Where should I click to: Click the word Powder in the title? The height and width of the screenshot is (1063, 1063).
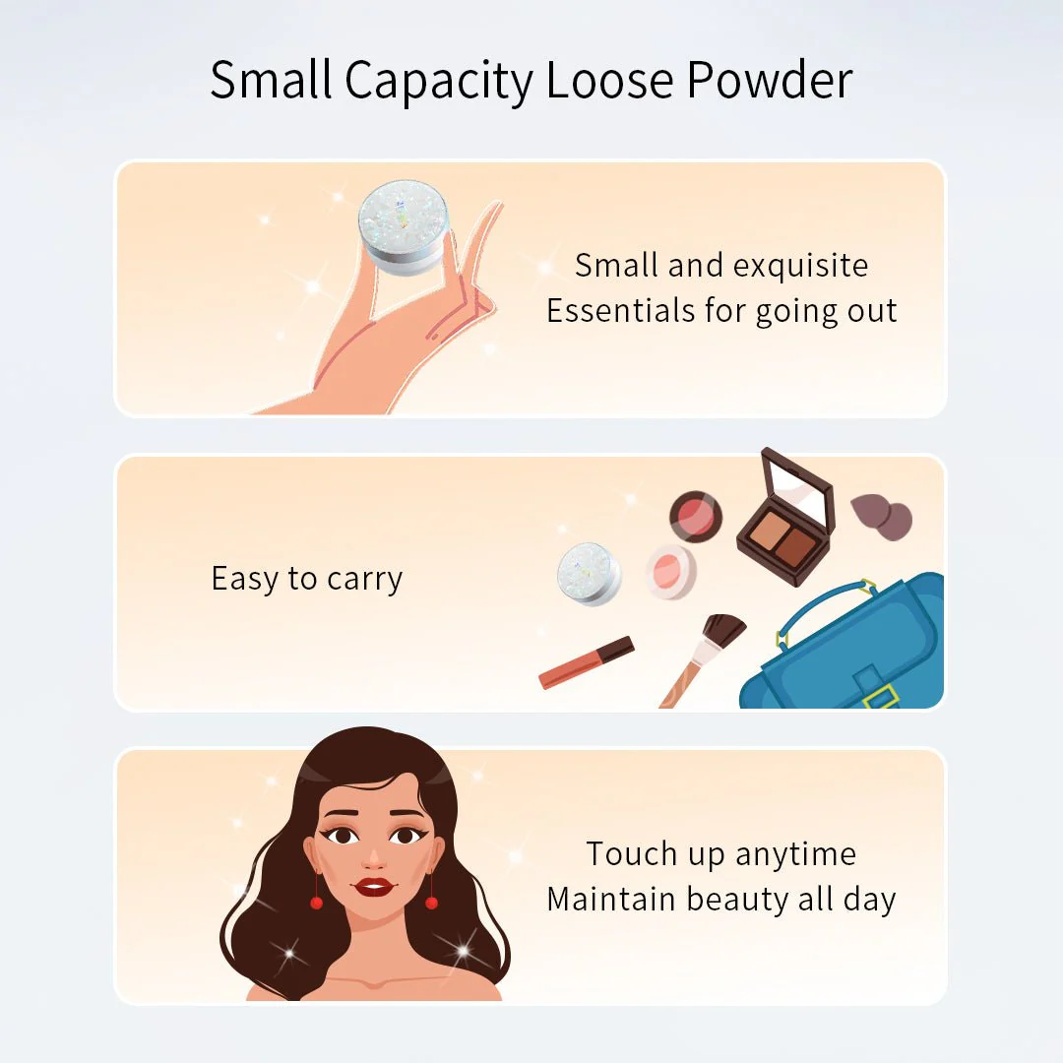(x=769, y=81)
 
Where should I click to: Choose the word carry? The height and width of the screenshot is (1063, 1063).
(x=365, y=579)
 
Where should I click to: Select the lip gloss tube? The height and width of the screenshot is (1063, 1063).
(x=587, y=662)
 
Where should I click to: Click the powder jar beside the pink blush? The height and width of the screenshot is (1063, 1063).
(x=590, y=573)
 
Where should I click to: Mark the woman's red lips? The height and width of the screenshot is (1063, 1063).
(x=374, y=887)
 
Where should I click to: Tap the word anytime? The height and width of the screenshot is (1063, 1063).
(x=795, y=854)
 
